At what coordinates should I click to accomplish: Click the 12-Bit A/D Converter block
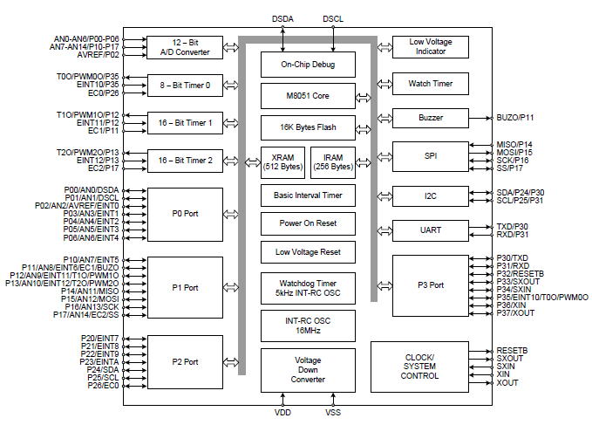coord(184,47)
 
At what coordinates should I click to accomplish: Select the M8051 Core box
coord(309,94)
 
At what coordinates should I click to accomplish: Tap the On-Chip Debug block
coord(309,64)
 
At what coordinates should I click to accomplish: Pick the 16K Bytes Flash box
coord(309,127)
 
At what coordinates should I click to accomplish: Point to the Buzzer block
coord(431,118)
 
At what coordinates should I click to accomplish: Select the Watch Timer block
coord(431,85)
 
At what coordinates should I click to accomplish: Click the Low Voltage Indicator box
coord(431,47)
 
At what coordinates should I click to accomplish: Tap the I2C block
coord(431,196)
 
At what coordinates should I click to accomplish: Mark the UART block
coord(431,230)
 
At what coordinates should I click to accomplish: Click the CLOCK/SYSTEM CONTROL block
coord(419,367)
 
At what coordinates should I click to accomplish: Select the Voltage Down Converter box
coord(309,370)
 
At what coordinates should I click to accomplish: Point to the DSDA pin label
coord(283,17)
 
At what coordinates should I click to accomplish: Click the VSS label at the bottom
coord(333,412)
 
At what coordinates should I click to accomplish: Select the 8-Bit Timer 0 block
coord(184,85)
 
